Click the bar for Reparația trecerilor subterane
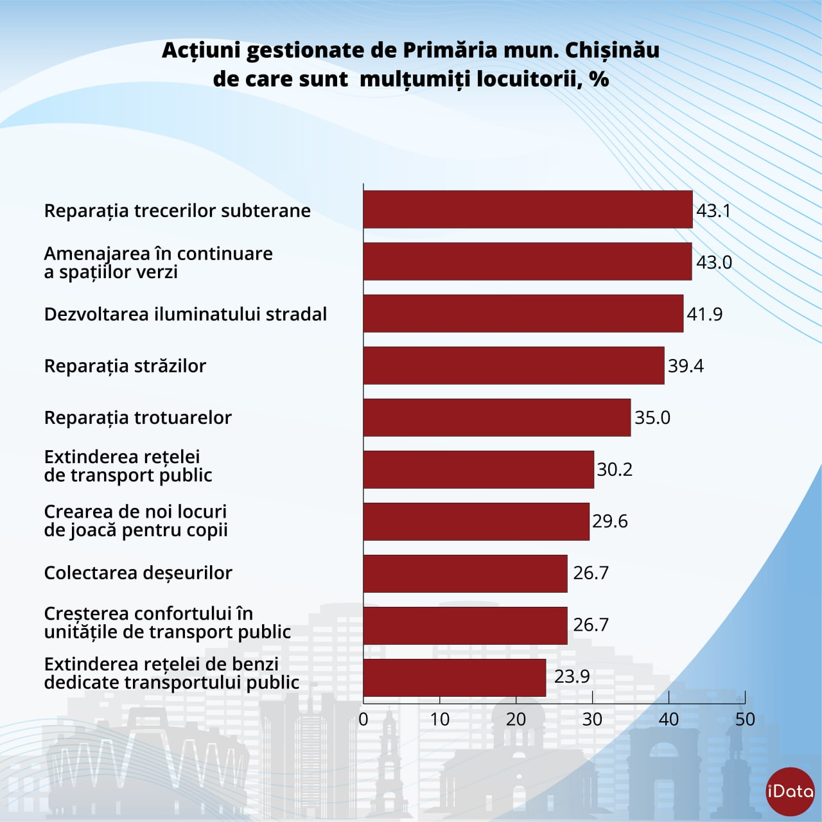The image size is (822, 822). (528, 209)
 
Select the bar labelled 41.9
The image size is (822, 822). (523, 313)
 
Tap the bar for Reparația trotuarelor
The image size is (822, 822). (497, 417)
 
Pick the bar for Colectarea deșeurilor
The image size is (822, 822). (466, 573)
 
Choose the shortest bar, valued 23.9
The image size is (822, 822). (455, 678)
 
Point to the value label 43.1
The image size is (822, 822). (713, 211)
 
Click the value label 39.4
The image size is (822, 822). (685, 366)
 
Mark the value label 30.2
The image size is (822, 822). (614, 469)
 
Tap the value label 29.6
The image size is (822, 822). (609, 521)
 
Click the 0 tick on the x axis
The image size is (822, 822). (363, 719)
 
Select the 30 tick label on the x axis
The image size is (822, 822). (592, 719)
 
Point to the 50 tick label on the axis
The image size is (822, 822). (745, 719)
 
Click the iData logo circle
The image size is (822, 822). (790, 791)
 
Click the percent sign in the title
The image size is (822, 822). (599, 79)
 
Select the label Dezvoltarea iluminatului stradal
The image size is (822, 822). (185, 314)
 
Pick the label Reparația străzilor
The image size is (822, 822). (125, 366)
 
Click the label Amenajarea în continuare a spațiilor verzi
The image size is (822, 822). (158, 262)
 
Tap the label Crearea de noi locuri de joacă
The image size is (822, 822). (136, 521)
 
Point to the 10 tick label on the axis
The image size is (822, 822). (440, 719)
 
